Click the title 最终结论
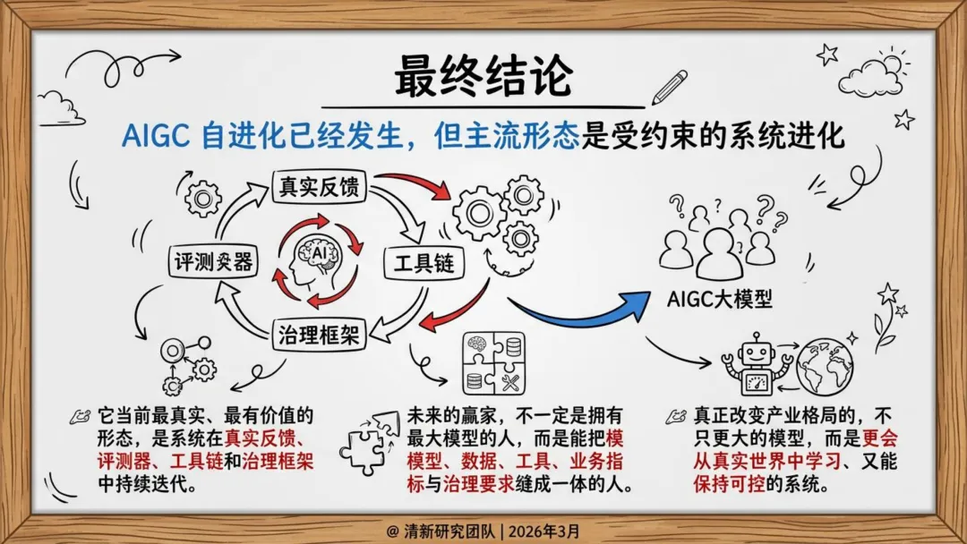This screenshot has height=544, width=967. pyautogui.click(x=483, y=78)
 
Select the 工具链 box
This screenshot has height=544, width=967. pyautogui.click(x=421, y=263)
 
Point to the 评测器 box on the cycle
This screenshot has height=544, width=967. pyautogui.click(x=214, y=262)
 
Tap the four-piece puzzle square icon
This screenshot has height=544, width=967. pyautogui.click(x=492, y=362)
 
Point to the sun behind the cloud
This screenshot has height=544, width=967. pyautogui.click(x=890, y=64)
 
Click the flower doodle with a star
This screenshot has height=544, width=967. pyautogui.click(x=886, y=319)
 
